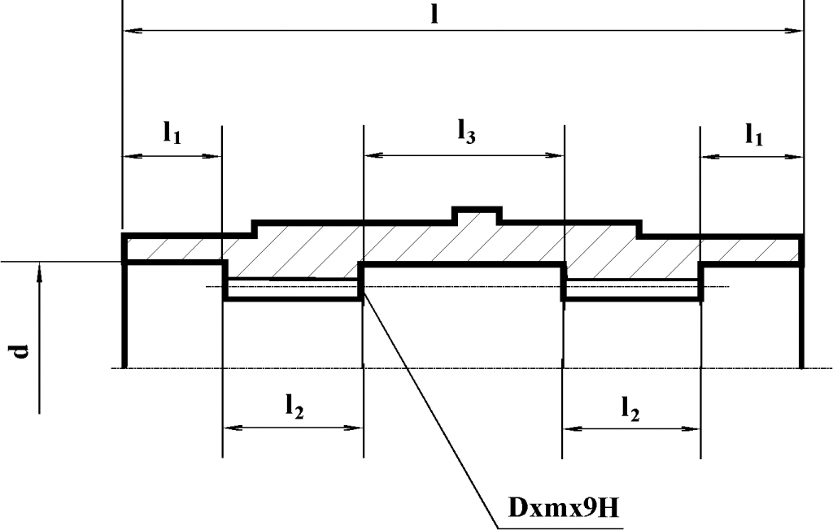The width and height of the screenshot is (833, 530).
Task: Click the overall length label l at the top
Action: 435,15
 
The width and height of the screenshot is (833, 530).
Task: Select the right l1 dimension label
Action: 754,134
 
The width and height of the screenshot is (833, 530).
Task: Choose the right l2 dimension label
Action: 630,408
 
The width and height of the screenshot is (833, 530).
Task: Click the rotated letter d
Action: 22,350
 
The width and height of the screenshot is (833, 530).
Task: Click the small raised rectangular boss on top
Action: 476,215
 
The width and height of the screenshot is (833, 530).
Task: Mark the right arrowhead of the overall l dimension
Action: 796,31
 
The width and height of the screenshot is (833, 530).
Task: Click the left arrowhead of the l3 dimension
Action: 371,154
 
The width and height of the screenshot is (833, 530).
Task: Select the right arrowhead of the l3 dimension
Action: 556,154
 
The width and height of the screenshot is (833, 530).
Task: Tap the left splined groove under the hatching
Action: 293,289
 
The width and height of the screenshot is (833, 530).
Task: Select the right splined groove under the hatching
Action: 632,289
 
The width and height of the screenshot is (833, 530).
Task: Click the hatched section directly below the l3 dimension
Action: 464,242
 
